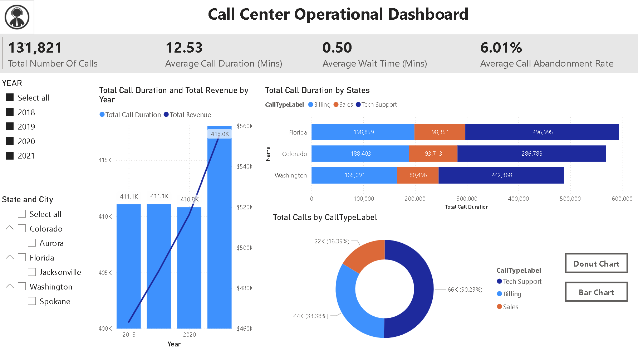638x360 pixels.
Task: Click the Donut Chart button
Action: (596, 263)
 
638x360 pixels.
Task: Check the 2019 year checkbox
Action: (10, 127)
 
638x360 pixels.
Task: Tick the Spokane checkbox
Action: (32, 301)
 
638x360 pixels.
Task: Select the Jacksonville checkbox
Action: (32, 272)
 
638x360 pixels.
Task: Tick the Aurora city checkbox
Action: (32, 243)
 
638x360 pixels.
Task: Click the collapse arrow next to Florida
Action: (10, 257)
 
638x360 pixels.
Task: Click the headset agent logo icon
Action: (17, 17)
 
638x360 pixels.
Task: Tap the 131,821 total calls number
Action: (35, 48)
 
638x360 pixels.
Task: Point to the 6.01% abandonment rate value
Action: (501, 48)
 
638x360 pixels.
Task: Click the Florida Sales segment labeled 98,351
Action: (440, 132)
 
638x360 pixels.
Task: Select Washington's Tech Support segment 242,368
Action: (501, 175)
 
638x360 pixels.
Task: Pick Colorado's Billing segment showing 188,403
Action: (360, 154)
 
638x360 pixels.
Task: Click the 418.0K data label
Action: (220, 134)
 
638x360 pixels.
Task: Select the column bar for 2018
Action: (129, 266)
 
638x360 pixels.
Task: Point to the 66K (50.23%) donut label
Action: (465, 290)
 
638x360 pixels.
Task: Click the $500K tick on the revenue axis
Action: (245, 248)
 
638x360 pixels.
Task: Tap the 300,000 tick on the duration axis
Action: (467, 199)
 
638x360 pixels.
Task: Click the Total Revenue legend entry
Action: (187, 115)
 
